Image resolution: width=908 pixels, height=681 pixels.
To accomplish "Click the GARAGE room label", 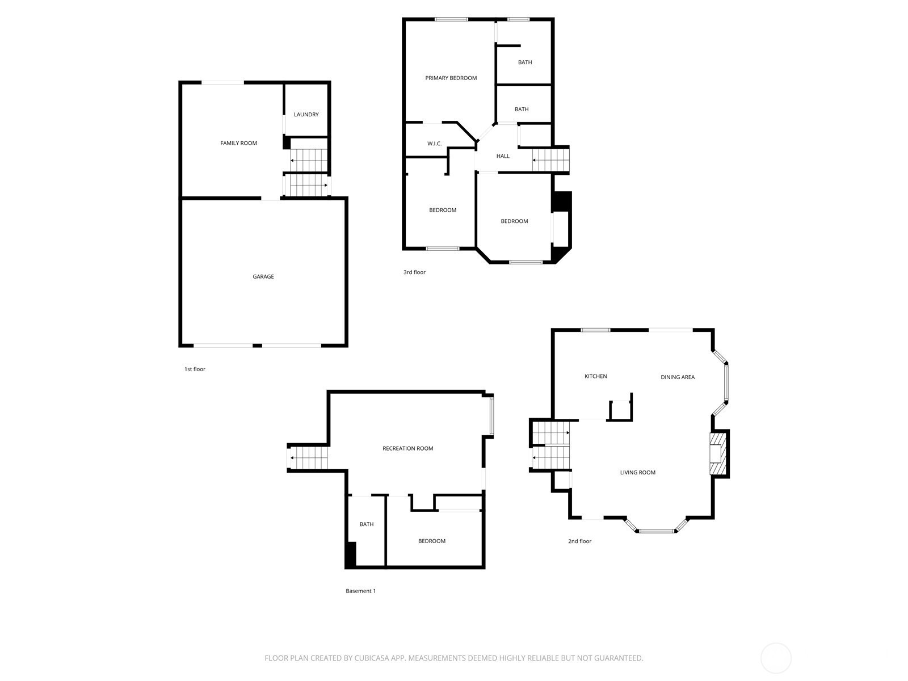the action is coord(263,276).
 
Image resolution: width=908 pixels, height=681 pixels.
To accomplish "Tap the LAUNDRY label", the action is coord(306,115).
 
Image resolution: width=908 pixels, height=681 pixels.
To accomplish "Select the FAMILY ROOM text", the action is coord(239,143).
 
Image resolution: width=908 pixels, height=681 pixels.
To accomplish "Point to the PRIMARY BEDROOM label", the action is coord(451,78).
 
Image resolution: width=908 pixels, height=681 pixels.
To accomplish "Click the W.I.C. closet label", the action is coord(434,144).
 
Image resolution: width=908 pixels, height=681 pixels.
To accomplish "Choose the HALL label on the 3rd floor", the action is coord(503,156).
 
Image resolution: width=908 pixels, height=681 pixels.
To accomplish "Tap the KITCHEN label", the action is coord(596,376).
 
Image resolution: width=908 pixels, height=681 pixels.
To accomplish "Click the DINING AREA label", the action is coord(678,377).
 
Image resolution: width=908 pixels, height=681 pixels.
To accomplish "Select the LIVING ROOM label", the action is coord(638,473).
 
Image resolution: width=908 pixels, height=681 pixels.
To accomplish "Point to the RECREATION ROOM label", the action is coord(408,449).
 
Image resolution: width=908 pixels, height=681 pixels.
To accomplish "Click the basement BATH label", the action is coord(367,524).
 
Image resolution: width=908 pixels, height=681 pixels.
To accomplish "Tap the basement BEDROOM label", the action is coord(432,541).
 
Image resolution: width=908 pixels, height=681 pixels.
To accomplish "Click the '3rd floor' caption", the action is coord(414,272).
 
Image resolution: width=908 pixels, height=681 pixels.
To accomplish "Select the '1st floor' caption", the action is coord(195,369).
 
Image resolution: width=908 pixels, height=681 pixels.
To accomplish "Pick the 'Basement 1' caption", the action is coord(361,591).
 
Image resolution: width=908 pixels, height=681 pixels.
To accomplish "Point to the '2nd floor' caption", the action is coord(579,541).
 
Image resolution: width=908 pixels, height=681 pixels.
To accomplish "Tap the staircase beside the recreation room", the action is coord(309,458).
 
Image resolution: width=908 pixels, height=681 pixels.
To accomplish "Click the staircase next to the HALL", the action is coord(550,160).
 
